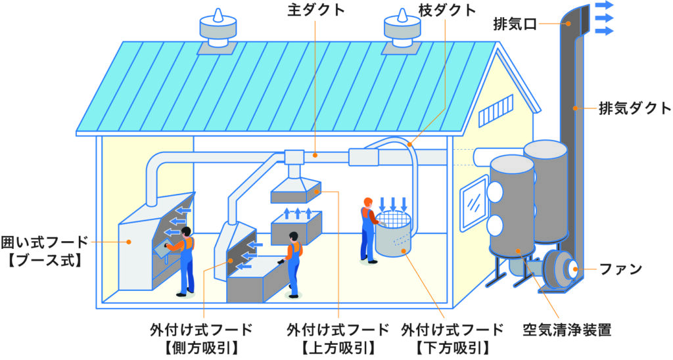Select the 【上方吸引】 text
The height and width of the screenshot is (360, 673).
click(x=338, y=346)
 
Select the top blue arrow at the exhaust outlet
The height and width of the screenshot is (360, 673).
click(x=604, y=5)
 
